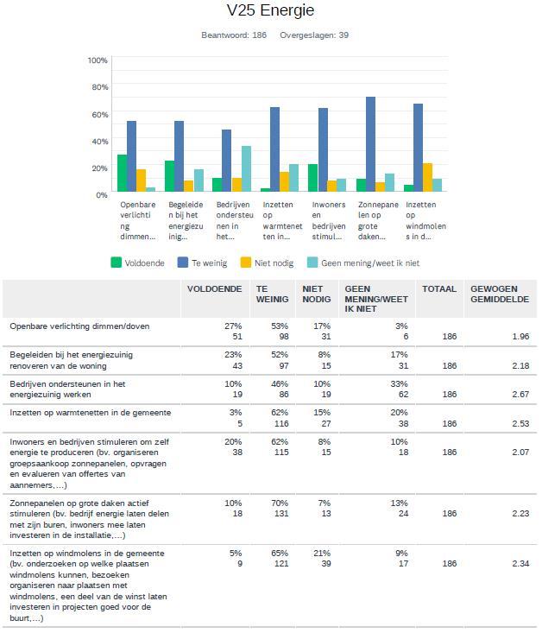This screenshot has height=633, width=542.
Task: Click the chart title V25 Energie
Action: tap(270, 10)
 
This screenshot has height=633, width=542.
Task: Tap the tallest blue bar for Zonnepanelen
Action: tap(370, 144)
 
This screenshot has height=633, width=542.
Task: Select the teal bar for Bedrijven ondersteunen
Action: tap(246, 168)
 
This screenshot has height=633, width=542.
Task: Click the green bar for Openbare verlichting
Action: tap(123, 173)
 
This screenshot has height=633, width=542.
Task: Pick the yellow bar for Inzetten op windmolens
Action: tap(427, 177)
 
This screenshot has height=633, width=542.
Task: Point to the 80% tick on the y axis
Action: tap(99, 87)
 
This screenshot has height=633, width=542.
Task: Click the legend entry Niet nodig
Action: tap(267, 263)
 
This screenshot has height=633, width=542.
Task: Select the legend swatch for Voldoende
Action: tap(117, 263)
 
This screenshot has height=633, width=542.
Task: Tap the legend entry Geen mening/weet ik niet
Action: tap(363, 263)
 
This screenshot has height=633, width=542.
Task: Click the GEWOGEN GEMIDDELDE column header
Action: tap(500, 294)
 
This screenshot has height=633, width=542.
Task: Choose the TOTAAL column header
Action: tap(439, 289)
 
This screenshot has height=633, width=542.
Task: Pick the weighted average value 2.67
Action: tap(520, 395)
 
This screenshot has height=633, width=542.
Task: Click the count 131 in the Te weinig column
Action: tap(281, 514)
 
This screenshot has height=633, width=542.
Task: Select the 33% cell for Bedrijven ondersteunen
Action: tap(399, 383)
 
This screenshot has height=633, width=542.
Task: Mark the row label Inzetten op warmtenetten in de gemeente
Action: tap(91, 413)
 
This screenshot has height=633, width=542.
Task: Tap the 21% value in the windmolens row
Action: tap(322, 553)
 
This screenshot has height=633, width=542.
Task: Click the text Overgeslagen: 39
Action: tap(314, 35)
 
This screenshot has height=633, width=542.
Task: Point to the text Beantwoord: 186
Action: tap(234, 35)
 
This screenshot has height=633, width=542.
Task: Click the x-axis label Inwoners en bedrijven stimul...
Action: tap(329, 220)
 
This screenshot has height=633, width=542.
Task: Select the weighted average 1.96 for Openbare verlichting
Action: tap(520, 337)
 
